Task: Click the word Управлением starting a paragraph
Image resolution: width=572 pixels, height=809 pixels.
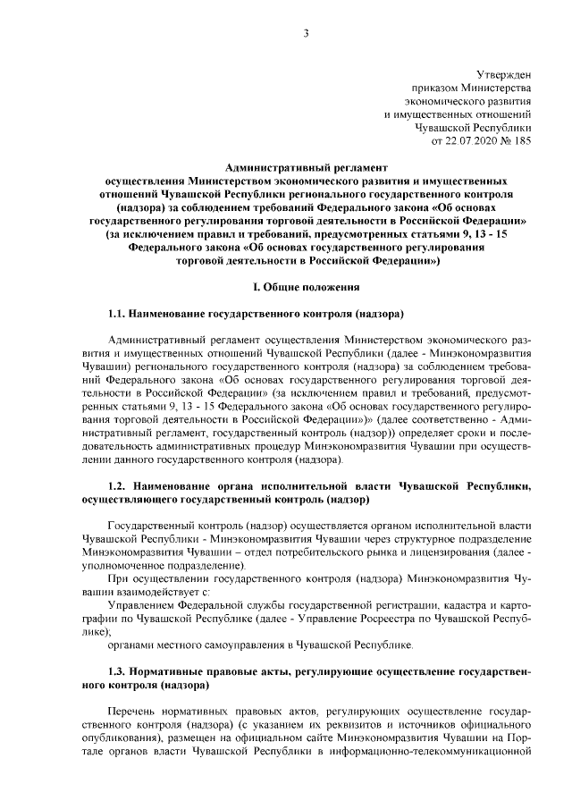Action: [x=140, y=605]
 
